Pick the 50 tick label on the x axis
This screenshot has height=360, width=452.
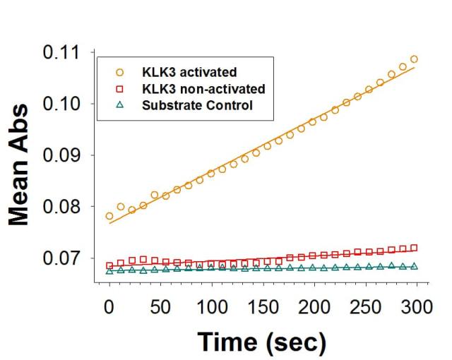143,308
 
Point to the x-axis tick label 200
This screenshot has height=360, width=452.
246,308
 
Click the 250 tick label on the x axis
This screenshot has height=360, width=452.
280,308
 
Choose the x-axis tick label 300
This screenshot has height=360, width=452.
315,308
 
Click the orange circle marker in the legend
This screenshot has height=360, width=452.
120,72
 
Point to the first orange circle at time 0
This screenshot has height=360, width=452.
109,216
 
